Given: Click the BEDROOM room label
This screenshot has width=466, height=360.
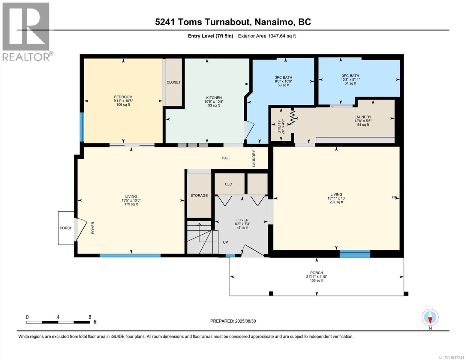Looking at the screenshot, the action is [123, 97].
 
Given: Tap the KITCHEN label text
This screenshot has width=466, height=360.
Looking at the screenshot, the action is [214, 98].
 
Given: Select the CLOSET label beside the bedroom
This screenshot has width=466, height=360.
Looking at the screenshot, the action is [174, 82].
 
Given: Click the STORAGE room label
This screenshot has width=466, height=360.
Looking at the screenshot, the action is [199, 196].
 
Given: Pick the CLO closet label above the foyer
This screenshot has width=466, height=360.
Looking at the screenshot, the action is [228, 184].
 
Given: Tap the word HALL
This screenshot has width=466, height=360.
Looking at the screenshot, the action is [226, 158].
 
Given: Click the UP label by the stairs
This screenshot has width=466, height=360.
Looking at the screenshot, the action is [225, 242].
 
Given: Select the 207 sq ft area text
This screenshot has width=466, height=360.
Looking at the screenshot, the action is [336, 202].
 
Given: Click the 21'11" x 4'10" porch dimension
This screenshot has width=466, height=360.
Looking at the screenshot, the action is [317, 277].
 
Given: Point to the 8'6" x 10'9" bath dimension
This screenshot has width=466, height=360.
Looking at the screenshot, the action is [284, 81].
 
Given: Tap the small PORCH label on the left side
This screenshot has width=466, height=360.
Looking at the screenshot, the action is [66, 228].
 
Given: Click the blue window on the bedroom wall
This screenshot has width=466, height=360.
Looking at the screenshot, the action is [82, 127].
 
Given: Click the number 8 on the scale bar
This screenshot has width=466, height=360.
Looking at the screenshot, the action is [90, 317].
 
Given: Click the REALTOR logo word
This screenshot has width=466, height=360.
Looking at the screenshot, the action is [26, 57].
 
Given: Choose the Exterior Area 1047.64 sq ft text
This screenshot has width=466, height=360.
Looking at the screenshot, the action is [267, 36].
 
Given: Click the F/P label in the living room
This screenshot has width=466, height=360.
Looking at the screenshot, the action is [394, 197].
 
